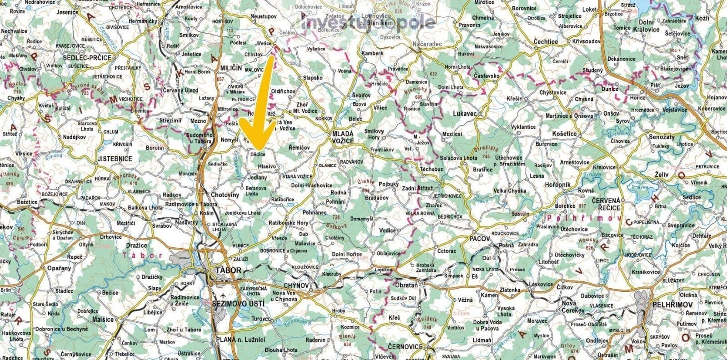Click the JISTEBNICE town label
click(115, 159)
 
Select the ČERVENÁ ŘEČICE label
click(606, 204)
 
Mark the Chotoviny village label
click(225, 195)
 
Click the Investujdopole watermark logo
click(368, 21)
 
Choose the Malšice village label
click(103, 320)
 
